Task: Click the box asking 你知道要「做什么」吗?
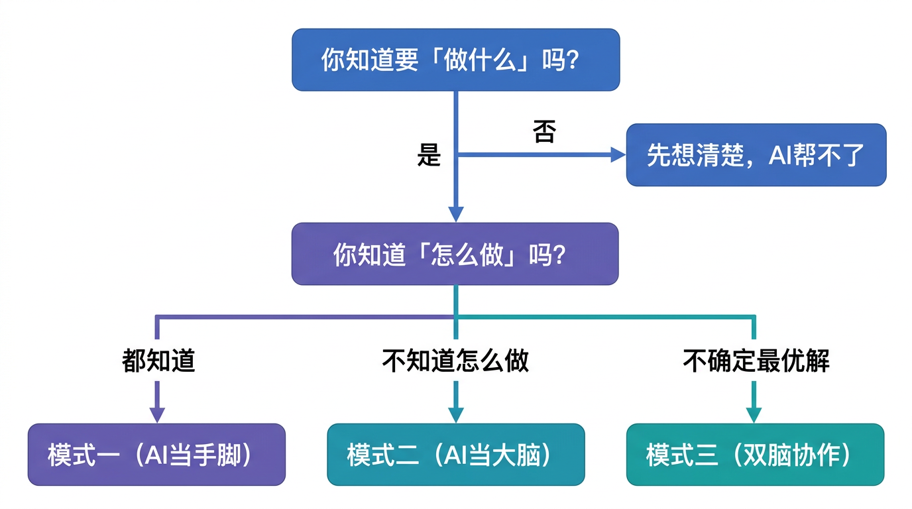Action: [455, 60]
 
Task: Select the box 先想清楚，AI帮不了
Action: [756, 154]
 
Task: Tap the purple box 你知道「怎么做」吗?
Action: [455, 254]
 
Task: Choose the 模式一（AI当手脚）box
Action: [156, 455]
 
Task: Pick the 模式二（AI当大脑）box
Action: [456, 455]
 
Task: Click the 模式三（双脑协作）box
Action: [755, 455]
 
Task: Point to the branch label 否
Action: [543, 132]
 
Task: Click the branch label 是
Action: [429, 155]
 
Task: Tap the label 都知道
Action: [158, 361]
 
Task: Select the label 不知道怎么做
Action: [455, 361]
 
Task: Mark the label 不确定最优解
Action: [756, 361]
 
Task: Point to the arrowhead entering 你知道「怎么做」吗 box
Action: [455, 213]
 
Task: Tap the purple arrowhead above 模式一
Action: [157, 415]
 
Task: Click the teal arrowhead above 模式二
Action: [455, 415]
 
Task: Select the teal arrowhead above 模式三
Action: [754, 415]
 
